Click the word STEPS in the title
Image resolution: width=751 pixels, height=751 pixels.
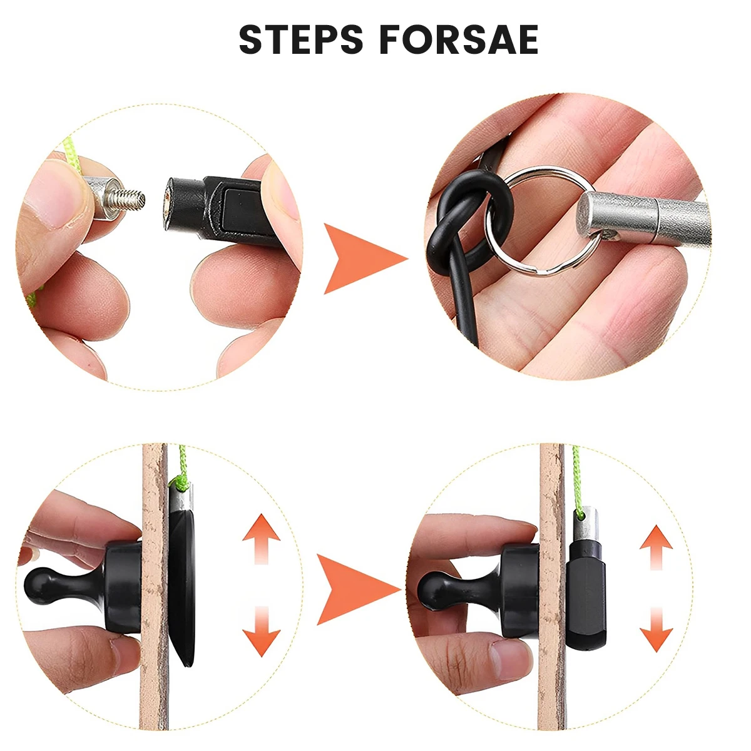(301, 40)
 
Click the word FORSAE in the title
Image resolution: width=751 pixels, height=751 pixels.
(459, 40)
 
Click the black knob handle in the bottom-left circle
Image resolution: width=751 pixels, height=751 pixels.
(47, 583)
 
